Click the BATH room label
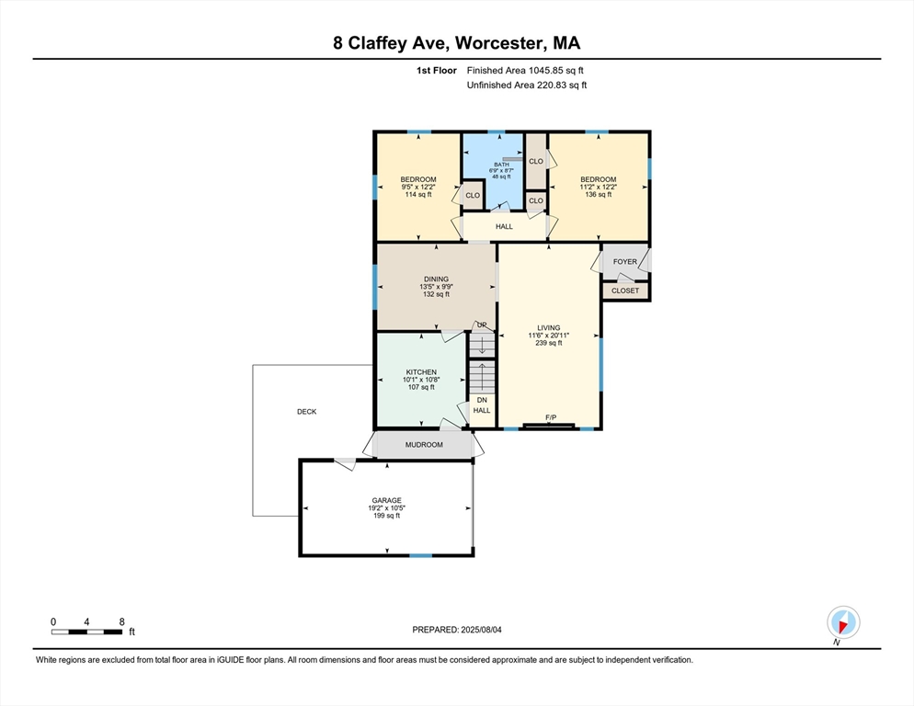(501, 165)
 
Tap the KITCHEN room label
(421, 372)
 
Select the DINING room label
(436, 279)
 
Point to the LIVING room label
(549, 327)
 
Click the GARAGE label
(387, 500)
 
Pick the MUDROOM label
(425, 445)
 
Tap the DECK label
(306, 412)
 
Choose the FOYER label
(625, 262)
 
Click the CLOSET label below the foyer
(625, 290)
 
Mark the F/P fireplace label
(551, 417)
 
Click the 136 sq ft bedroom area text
(599, 195)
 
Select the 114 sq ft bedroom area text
(418, 195)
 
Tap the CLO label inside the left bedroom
(473, 195)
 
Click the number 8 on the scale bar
(121, 622)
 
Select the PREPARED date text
(457, 630)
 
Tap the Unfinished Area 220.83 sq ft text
(527, 85)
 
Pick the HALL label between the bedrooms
(504, 226)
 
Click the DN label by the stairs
(482, 401)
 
